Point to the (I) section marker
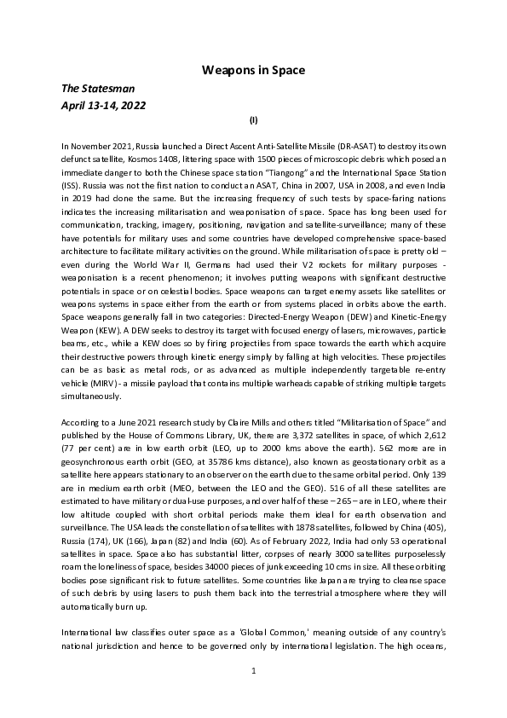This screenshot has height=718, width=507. (x=253, y=122)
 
